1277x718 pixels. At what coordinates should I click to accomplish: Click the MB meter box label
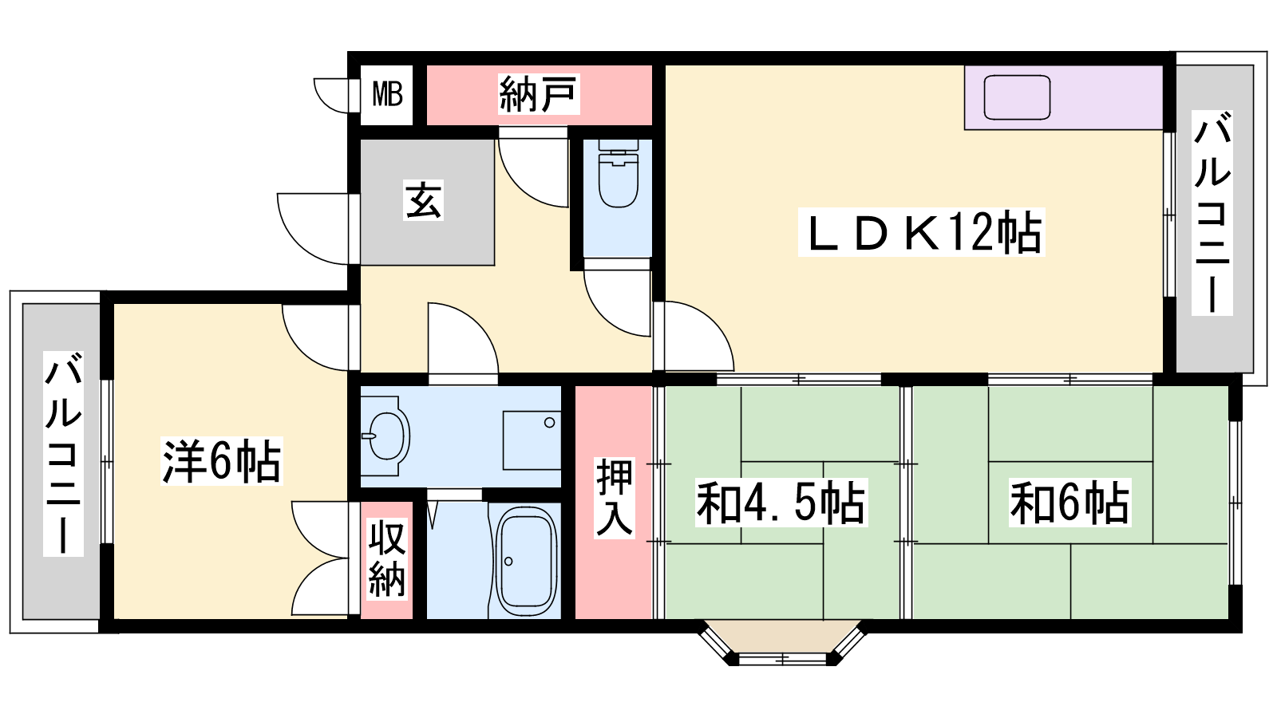387,94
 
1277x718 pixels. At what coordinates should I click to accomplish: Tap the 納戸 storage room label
538,94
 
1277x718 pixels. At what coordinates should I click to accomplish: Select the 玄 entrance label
423,200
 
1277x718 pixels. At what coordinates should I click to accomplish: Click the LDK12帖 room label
922,232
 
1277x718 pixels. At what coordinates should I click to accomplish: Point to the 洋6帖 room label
222,461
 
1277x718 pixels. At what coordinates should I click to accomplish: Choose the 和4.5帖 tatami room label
781,503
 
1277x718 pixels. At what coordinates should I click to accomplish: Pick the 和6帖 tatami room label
1070,503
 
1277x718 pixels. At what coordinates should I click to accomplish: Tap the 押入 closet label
614,498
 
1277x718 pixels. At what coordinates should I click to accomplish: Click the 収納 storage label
387,559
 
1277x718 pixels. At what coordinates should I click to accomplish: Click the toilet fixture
618,174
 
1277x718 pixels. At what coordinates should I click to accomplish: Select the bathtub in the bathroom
526,561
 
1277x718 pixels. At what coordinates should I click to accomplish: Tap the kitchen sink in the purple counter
1017,97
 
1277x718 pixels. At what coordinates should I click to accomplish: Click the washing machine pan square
532,440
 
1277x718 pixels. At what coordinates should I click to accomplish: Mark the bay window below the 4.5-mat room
782,643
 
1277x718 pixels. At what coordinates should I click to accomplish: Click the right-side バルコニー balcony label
1212,212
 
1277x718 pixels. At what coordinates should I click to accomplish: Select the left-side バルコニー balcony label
63,454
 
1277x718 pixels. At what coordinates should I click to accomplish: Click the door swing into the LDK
694,336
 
